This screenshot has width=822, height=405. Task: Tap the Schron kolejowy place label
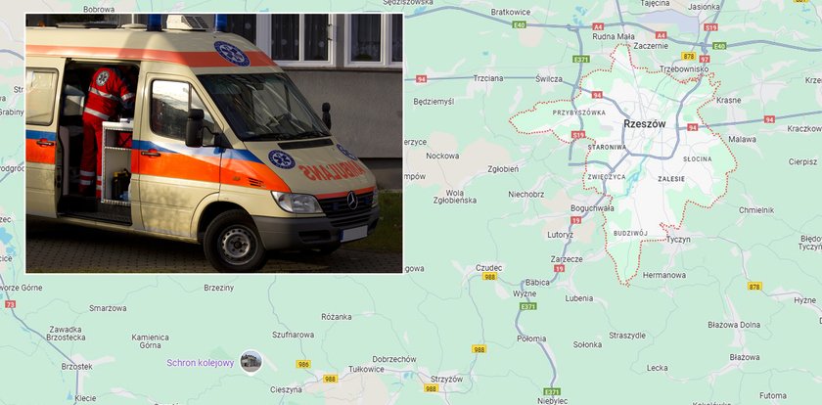pos(201,363)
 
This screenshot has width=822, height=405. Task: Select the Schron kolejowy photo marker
pos(251,362)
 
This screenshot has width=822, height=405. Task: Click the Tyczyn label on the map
pos(678,239)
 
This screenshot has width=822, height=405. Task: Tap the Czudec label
pos(488,267)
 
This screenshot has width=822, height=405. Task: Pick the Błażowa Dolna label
pos(735,325)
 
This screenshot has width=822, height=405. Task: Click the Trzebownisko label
pos(683,69)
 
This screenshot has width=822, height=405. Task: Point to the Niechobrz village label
pos(526,194)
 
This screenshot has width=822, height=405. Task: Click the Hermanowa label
pos(663,275)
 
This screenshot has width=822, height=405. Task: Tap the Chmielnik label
pos(756,209)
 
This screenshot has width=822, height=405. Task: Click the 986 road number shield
pos(303,364)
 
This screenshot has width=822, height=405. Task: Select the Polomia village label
pos(531,338)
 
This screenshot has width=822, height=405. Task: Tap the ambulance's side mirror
pos(195,128)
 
